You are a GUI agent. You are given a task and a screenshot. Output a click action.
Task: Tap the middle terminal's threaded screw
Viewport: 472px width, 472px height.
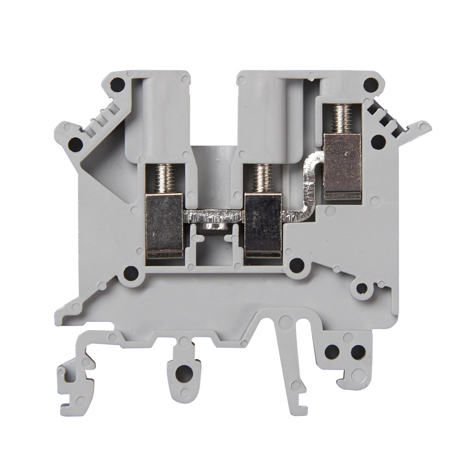coord(261,178)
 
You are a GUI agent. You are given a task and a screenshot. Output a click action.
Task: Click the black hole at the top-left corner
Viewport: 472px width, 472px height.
coord(118,84)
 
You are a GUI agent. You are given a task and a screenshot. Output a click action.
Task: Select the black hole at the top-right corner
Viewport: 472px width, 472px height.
coord(370,84)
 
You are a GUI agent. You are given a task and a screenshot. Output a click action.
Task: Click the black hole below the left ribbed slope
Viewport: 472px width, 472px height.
coord(75,145)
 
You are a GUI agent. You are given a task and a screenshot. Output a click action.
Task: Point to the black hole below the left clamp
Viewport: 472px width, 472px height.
coord(131,273)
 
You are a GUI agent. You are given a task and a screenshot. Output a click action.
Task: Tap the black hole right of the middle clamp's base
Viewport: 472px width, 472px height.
coord(297,265)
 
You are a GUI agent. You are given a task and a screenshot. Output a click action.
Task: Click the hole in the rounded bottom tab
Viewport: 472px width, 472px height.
coord(183,372)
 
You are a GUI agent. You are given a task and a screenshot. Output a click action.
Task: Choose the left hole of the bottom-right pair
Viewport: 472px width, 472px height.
coord(331,352)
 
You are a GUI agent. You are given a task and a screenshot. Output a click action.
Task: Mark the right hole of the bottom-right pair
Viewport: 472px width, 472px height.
coord(358,352)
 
